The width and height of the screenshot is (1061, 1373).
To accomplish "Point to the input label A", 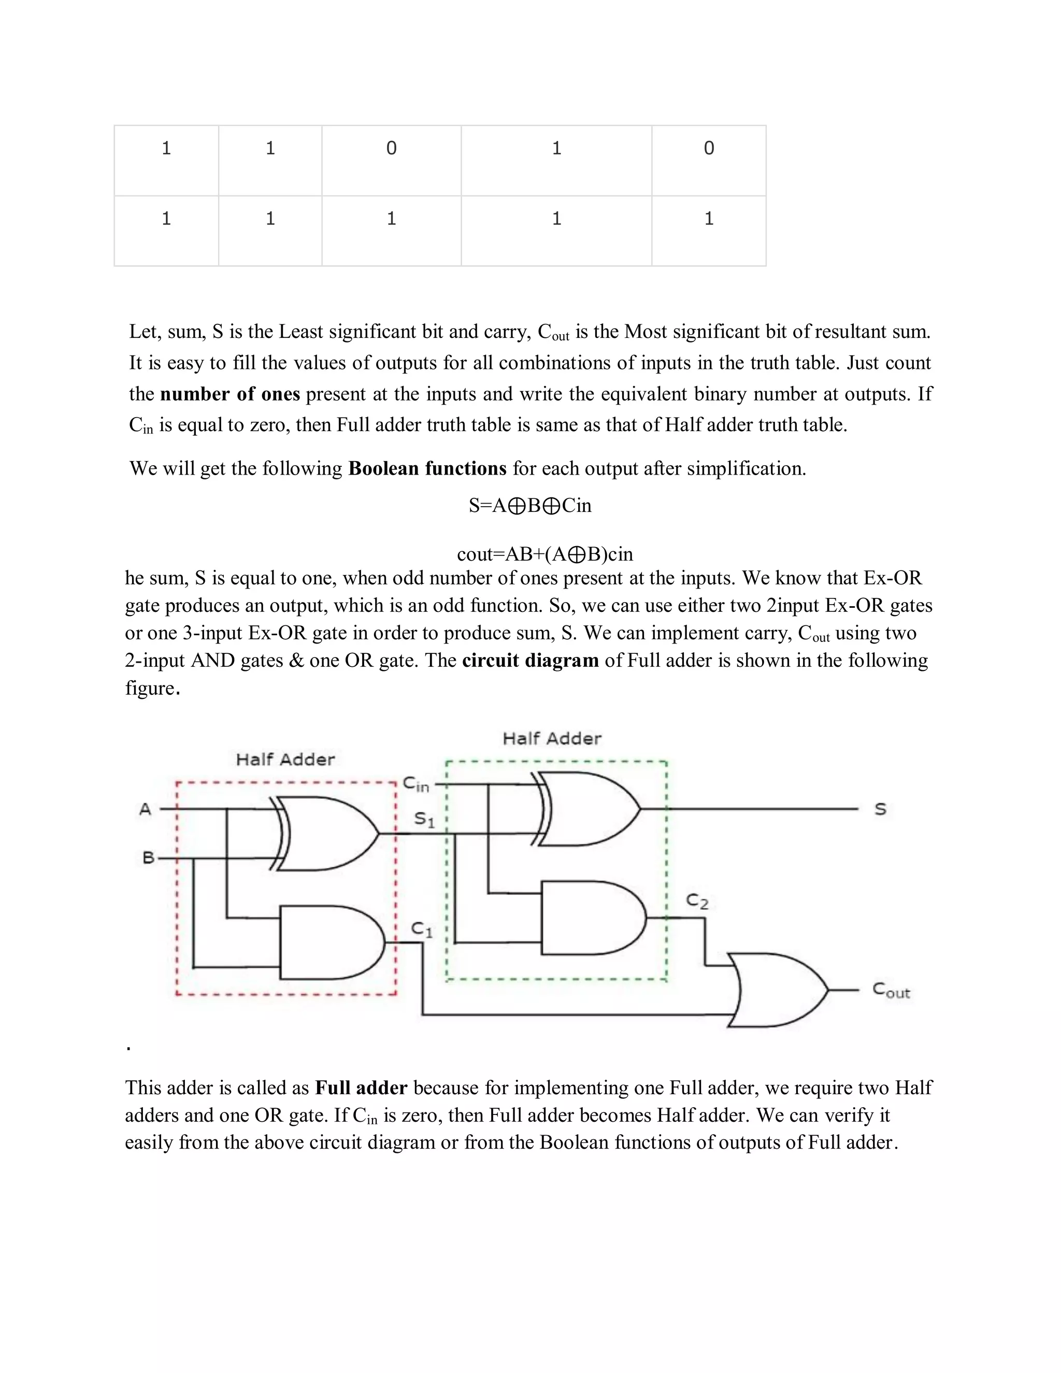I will [145, 809].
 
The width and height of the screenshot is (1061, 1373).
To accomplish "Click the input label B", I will [148, 857].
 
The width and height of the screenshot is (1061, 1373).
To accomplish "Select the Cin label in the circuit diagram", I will [415, 784].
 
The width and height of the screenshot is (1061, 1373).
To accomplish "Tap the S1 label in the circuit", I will [424, 820].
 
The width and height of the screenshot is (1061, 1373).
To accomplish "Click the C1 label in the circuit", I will [422, 929].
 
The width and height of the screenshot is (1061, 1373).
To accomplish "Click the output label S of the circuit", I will [880, 809].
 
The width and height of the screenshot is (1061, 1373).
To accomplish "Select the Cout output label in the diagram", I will [891, 991].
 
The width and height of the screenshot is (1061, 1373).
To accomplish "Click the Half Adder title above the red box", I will [285, 760].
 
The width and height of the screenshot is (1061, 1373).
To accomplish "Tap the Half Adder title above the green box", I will [552, 738].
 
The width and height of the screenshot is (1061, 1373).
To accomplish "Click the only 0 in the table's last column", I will [708, 148].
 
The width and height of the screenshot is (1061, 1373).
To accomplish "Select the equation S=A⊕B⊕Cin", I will [530, 506].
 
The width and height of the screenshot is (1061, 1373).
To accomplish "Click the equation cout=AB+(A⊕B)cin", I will [544, 554].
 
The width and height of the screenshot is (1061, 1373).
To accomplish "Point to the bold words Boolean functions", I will [427, 468].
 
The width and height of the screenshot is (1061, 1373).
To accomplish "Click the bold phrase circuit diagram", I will [530, 660].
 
